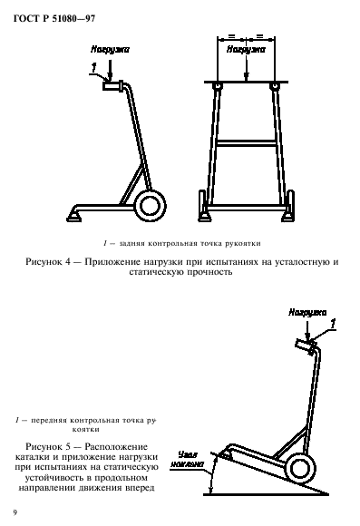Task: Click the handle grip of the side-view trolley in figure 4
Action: (113, 86)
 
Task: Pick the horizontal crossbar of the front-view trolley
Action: (245, 141)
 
